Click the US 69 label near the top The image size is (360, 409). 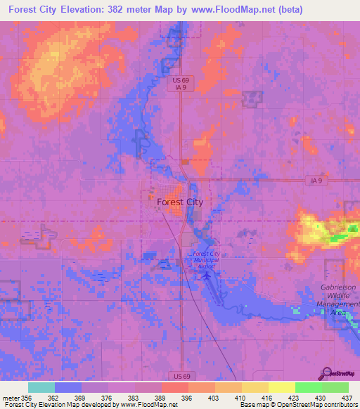[x=180, y=81]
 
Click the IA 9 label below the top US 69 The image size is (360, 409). [x=180, y=89]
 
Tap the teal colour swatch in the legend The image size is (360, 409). [x=41, y=387]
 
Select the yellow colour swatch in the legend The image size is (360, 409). [x=281, y=387]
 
